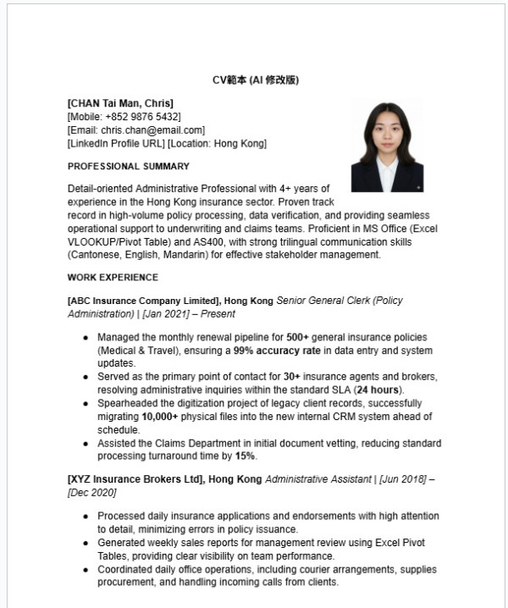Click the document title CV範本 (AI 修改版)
click(255, 80)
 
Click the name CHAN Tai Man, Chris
click(120, 103)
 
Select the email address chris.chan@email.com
click(152, 130)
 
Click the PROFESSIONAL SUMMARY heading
click(128, 166)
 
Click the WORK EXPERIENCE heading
click(113, 277)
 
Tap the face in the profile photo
click(387, 135)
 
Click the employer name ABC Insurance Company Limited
click(144, 301)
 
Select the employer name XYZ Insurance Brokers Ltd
click(135, 478)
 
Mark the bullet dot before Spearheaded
click(86, 403)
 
